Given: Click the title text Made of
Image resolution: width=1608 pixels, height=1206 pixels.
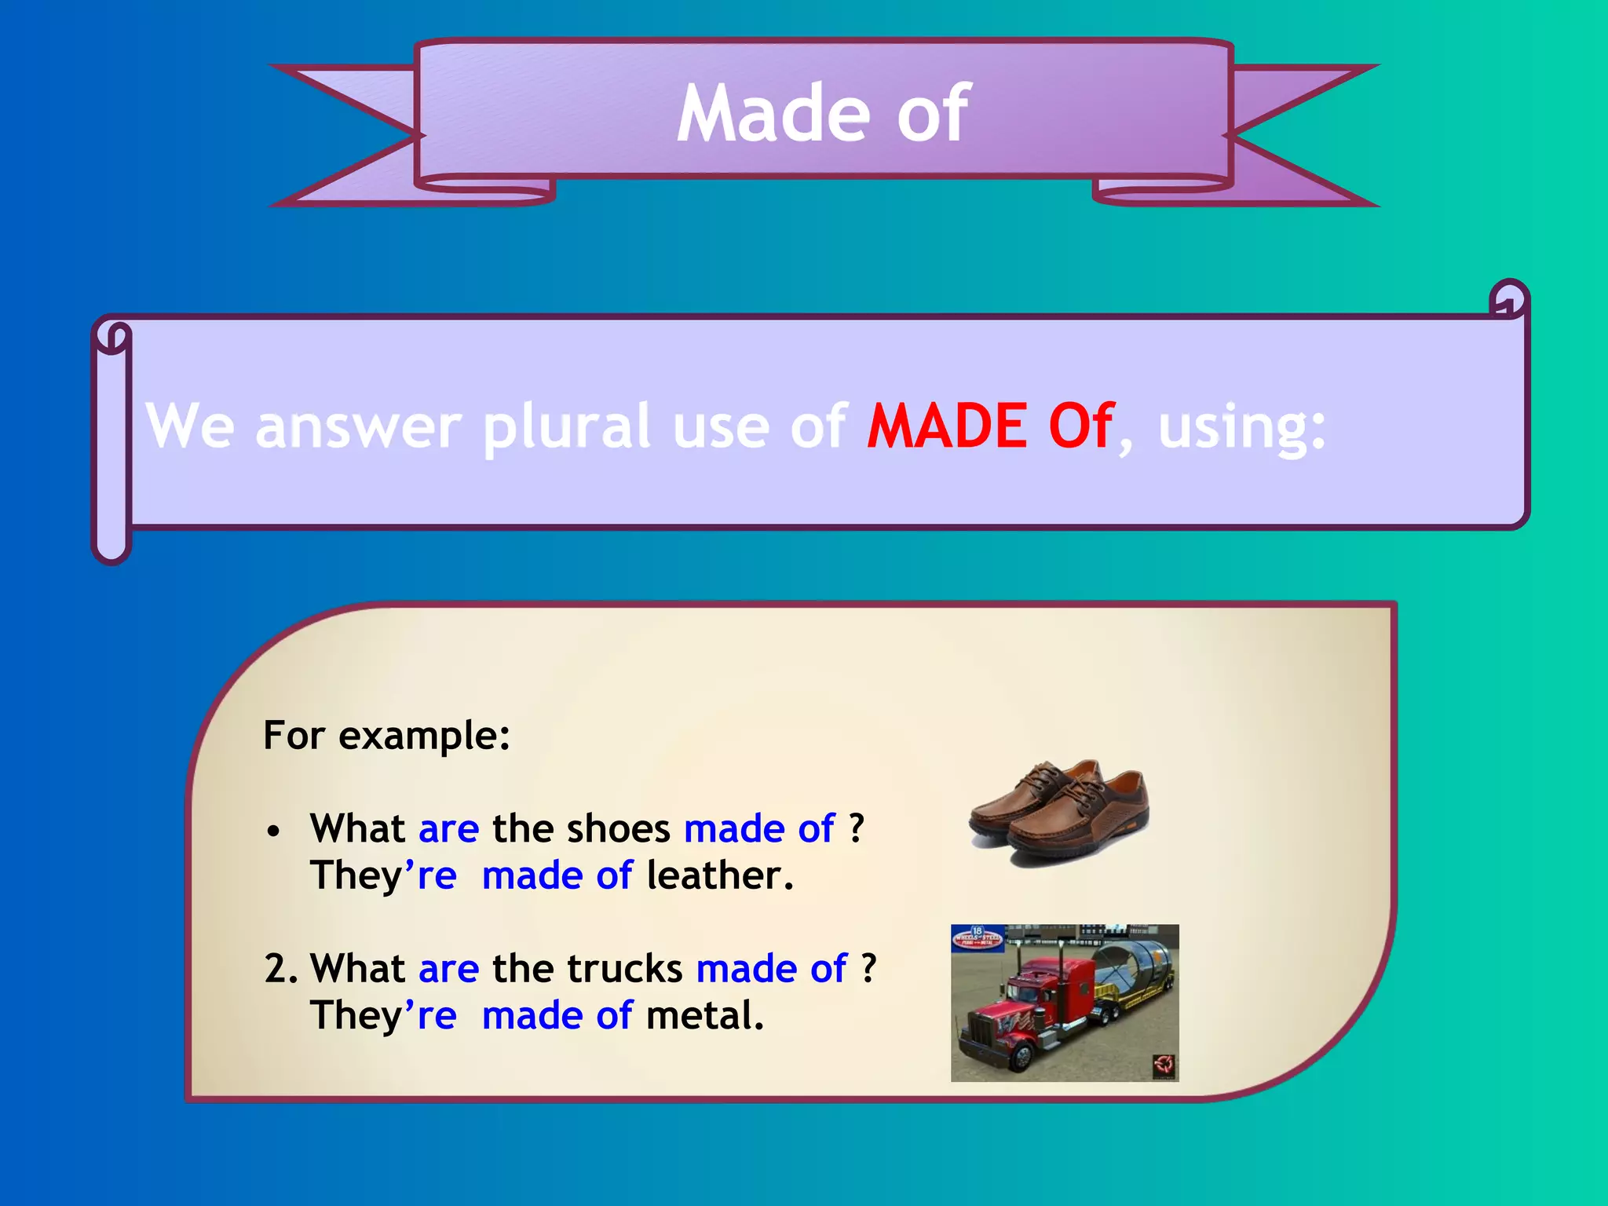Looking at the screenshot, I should tap(823, 115).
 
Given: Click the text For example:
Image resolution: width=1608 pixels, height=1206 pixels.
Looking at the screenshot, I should tap(386, 736).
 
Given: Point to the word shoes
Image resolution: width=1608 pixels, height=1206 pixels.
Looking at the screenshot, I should tap(618, 828).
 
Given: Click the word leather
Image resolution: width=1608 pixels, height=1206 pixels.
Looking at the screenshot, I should tap(719, 875).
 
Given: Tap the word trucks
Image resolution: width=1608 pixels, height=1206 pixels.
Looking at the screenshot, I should tap(624, 968).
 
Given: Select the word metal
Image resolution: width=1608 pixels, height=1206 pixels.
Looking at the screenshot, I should tap(703, 1015).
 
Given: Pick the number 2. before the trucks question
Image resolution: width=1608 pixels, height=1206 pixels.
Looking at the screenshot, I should tap(281, 969).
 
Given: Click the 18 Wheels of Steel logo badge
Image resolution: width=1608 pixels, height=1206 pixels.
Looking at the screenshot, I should tap(978, 937).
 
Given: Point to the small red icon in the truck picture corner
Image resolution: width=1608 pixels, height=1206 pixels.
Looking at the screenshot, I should tap(1164, 1066).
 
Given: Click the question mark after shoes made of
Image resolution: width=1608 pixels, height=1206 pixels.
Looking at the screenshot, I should tap(857, 828).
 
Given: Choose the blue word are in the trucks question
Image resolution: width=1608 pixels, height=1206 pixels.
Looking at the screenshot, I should tap(448, 968).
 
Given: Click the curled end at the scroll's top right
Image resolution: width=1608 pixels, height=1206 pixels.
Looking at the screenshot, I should tap(1508, 299).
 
